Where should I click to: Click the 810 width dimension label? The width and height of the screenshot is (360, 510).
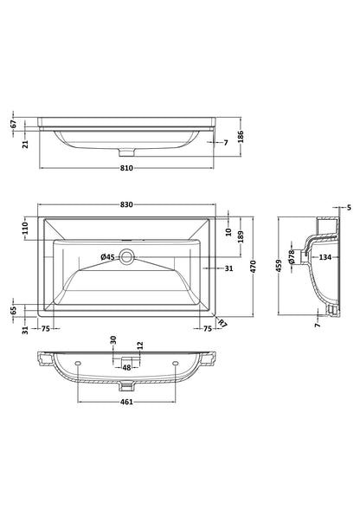126,168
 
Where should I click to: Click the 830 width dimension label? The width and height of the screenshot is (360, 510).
126,204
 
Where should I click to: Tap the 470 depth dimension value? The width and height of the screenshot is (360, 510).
254,267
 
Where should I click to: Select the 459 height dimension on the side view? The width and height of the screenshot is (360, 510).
279,266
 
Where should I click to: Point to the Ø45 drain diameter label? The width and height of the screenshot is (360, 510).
107,257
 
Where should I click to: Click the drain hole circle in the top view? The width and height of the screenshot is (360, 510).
127,256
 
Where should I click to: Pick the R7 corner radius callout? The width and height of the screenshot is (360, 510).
222,323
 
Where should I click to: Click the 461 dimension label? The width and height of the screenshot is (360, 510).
126,402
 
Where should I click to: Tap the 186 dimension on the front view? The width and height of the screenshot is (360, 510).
241,137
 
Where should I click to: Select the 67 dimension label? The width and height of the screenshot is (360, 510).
13,124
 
